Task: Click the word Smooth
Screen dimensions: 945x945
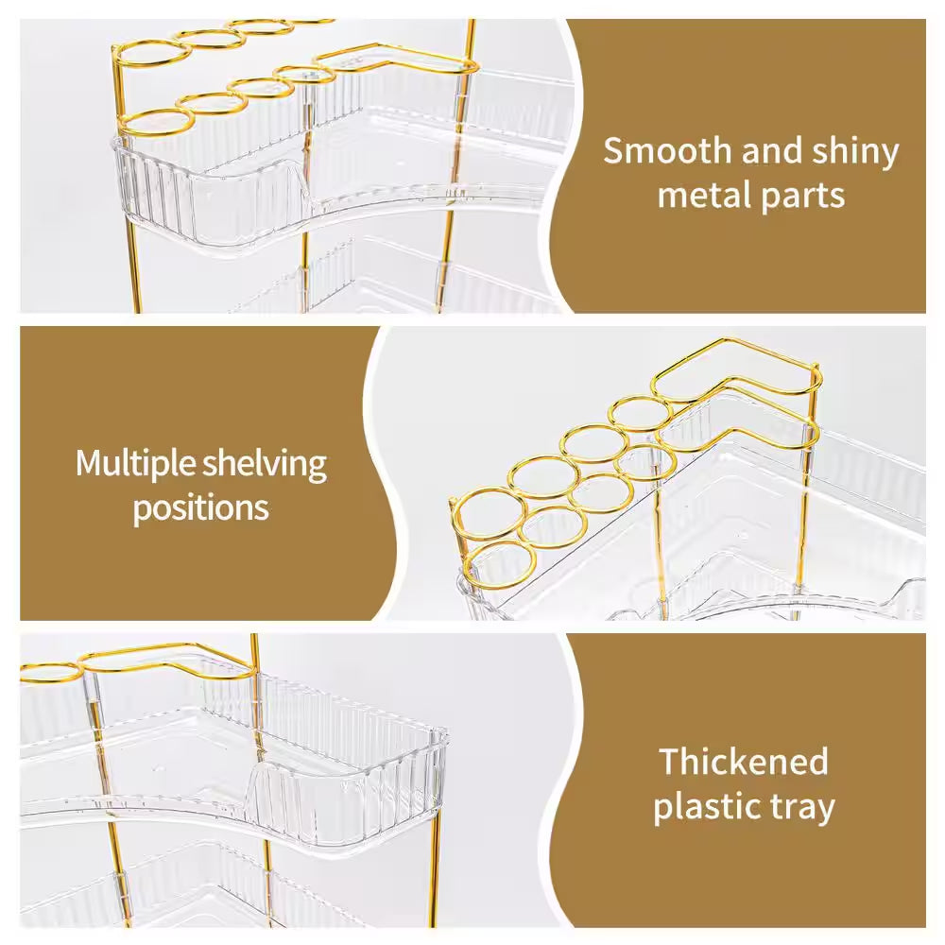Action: [x=668, y=150]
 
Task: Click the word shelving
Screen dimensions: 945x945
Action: [x=265, y=465]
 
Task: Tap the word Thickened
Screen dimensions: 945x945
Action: [x=744, y=761]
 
